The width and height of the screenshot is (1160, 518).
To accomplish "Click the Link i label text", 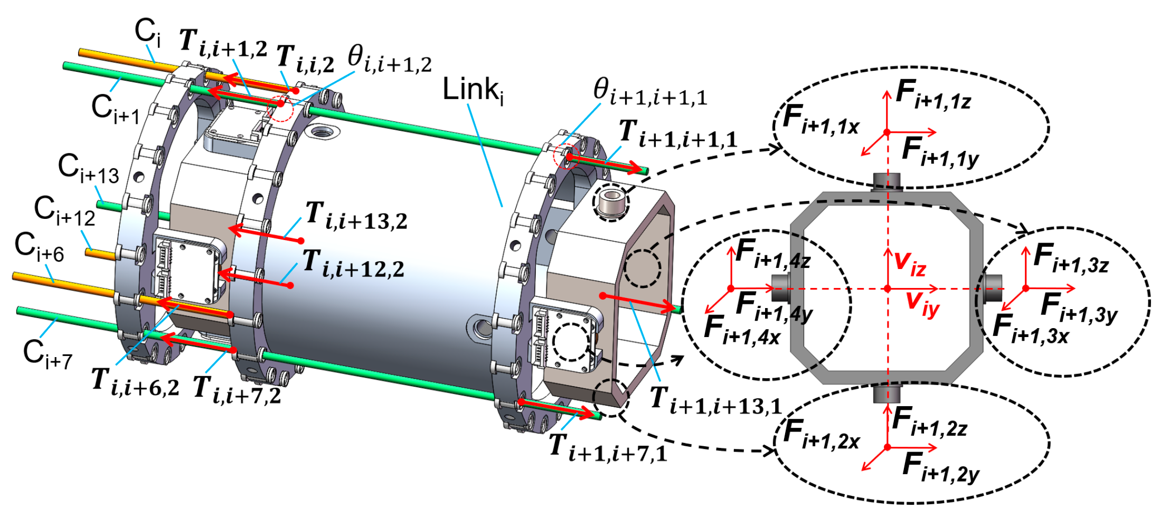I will (473, 90).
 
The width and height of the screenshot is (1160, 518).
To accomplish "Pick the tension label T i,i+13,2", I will (356, 217).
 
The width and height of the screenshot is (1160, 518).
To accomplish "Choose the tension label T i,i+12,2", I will (353, 264).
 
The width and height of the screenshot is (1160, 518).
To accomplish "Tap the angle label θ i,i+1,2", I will (389, 59).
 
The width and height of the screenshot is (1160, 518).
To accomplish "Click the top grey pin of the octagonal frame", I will (886, 180).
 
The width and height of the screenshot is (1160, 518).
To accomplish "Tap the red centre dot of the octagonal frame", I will (888, 289).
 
